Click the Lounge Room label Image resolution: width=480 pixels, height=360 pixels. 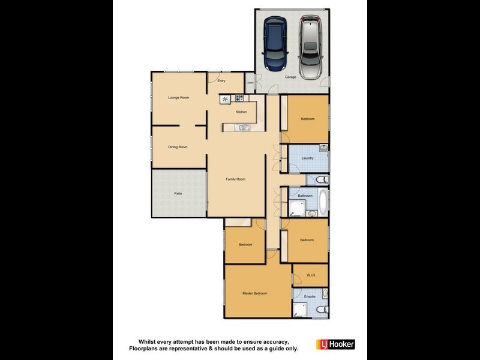coord(179,97)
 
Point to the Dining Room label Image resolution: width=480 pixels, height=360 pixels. coord(178,147)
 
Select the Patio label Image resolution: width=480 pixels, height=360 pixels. coord(178,193)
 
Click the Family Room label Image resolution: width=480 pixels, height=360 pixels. coord(235,179)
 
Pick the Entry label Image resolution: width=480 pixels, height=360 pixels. coord(221,81)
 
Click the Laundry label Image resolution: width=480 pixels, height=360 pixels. coord(308,158)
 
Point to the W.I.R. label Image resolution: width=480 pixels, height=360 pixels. coord(311,275)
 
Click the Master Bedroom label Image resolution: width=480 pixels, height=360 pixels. coord(254,293)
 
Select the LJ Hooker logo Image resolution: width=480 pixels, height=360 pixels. coord(335,344)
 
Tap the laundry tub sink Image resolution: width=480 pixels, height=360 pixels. coord(323,148)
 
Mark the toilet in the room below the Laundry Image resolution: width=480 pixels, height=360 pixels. coord(321,179)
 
